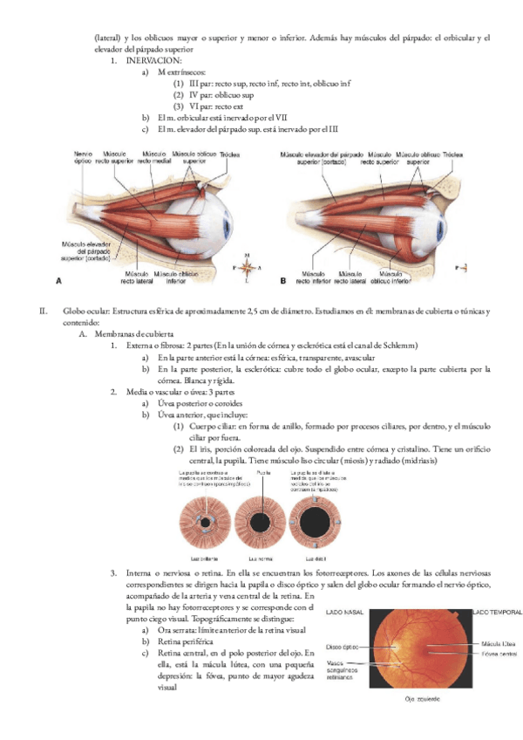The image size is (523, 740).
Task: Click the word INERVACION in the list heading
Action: click(x=154, y=62)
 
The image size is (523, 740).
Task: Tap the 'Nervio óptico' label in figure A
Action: click(x=84, y=157)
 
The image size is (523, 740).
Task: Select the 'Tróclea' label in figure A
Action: click(x=229, y=154)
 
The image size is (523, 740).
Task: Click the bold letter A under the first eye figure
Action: click(x=58, y=283)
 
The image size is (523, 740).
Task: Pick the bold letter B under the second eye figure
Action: click(x=283, y=283)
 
